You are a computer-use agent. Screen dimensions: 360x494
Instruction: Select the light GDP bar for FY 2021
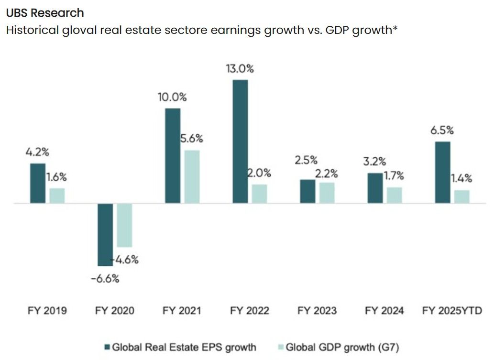coord(192,177)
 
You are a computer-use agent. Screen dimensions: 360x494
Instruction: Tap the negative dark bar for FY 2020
coord(105,234)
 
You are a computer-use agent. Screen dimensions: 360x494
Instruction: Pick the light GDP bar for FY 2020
coord(124,225)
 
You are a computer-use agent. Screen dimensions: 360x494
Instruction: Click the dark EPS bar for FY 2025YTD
coord(442,172)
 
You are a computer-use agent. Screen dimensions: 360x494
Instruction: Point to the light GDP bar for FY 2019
coord(57,196)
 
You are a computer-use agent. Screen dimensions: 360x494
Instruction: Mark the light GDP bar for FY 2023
coord(327,193)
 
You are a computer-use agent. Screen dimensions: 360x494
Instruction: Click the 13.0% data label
coord(240,68)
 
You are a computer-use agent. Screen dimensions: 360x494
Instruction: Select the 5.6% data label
coord(191,139)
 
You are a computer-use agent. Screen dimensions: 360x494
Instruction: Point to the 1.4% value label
coord(461,179)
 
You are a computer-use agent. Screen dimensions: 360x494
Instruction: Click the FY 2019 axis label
coord(47,311)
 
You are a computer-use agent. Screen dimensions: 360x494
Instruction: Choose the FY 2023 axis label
coord(317,311)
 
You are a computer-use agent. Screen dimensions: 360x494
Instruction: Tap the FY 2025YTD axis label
coord(452,311)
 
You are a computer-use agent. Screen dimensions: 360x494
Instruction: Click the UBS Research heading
coord(45,13)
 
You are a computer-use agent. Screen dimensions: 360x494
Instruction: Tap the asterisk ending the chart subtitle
coord(395,29)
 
